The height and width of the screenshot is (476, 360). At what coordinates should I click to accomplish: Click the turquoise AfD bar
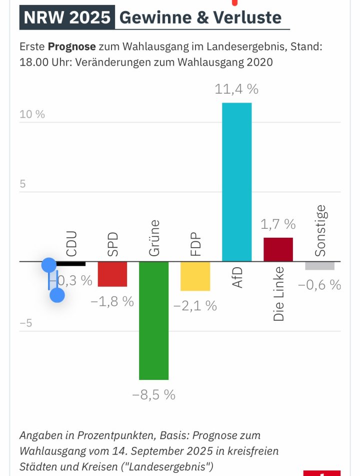(x=236, y=182)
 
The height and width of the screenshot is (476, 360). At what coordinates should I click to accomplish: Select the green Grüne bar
(x=153, y=320)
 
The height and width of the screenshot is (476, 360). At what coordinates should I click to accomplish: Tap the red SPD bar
(x=112, y=274)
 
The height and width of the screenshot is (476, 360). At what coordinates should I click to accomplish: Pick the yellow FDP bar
(x=195, y=276)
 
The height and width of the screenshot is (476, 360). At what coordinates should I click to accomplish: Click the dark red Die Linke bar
(x=278, y=249)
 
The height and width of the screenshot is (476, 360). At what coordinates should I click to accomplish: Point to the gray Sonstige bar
(x=319, y=266)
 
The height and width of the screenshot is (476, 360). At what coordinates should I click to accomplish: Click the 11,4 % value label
(x=236, y=90)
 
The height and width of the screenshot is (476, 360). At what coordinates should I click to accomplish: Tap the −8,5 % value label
(x=153, y=395)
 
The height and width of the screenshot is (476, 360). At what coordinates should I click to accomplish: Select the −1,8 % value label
(x=112, y=302)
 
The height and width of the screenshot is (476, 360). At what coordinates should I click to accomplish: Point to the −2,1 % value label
(x=195, y=306)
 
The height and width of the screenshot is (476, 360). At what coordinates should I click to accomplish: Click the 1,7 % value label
(x=278, y=224)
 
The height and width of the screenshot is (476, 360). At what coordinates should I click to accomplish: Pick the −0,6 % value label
(x=319, y=285)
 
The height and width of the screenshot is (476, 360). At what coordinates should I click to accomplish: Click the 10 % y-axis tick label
(x=32, y=114)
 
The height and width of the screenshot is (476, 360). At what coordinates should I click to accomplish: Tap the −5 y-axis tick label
(x=25, y=323)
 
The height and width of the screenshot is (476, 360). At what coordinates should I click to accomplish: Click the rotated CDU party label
(x=71, y=243)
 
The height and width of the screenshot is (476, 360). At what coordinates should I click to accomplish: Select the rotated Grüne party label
(x=154, y=238)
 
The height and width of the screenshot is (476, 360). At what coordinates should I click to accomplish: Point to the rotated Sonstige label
(x=320, y=231)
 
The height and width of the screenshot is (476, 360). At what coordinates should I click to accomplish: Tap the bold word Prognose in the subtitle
(x=71, y=47)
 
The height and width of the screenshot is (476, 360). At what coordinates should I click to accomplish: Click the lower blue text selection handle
(x=57, y=295)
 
